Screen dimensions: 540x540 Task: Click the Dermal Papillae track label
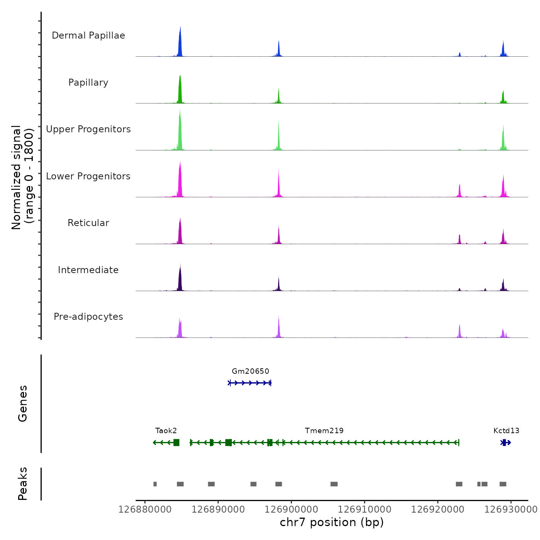point(88,35)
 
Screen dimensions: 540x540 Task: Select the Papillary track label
point(88,83)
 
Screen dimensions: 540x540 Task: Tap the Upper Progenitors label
point(88,129)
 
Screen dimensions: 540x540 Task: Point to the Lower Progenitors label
point(88,176)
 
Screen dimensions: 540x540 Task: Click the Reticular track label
point(88,223)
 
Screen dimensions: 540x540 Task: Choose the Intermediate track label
point(88,270)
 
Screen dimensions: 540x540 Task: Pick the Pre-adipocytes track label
point(88,317)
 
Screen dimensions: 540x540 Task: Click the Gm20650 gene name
point(250,371)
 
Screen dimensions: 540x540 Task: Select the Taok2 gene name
point(166,431)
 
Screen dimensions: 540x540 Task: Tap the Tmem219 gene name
point(324,431)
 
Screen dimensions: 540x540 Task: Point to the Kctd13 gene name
point(506,431)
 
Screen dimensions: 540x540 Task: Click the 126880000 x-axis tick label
point(145,510)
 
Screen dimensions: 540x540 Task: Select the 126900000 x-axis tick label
point(291,510)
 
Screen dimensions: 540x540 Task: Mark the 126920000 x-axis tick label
point(438,510)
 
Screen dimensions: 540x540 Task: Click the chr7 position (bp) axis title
point(332,522)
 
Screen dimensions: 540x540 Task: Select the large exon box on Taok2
point(176,442)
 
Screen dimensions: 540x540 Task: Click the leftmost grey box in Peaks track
point(155,484)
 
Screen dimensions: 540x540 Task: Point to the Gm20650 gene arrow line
point(250,383)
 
